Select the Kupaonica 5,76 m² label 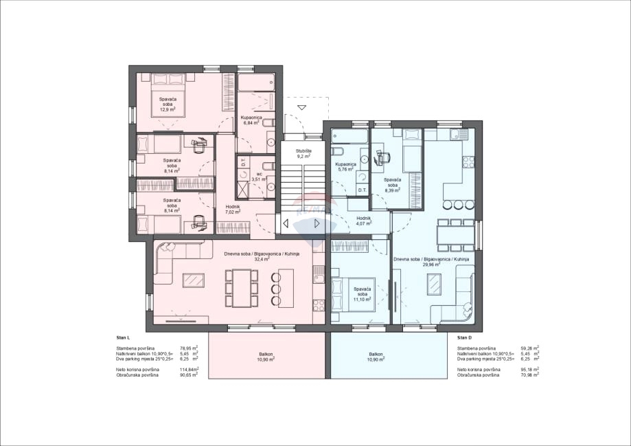coord(345,168)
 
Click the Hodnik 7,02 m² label coord(233,209)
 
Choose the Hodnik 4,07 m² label coord(363,220)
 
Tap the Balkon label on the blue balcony coord(376,356)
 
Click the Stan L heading coord(124,338)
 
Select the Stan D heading coord(465,338)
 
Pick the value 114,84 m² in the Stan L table coord(189,369)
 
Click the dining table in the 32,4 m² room coord(241,288)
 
